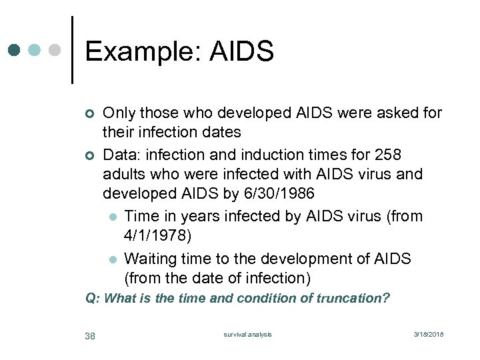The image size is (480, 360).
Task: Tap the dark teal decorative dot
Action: point(15,50)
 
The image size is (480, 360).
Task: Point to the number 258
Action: point(388,155)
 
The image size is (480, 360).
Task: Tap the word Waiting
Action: point(153,258)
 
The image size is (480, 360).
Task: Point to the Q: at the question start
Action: point(93,299)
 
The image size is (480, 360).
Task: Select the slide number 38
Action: point(90,335)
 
